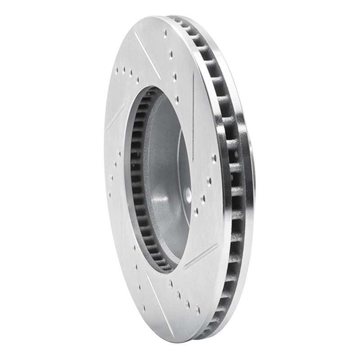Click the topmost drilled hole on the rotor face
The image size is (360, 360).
point(165,32)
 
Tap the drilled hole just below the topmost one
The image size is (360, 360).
point(171,54)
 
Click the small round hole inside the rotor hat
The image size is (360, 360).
point(188,194)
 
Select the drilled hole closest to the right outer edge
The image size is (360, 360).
point(214,158)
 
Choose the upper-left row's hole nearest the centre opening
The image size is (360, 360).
point(138,80)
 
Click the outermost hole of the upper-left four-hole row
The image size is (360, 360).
point(117,70)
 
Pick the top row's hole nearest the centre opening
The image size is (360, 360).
point(177,99)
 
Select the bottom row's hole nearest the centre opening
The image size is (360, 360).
point(170,283)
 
